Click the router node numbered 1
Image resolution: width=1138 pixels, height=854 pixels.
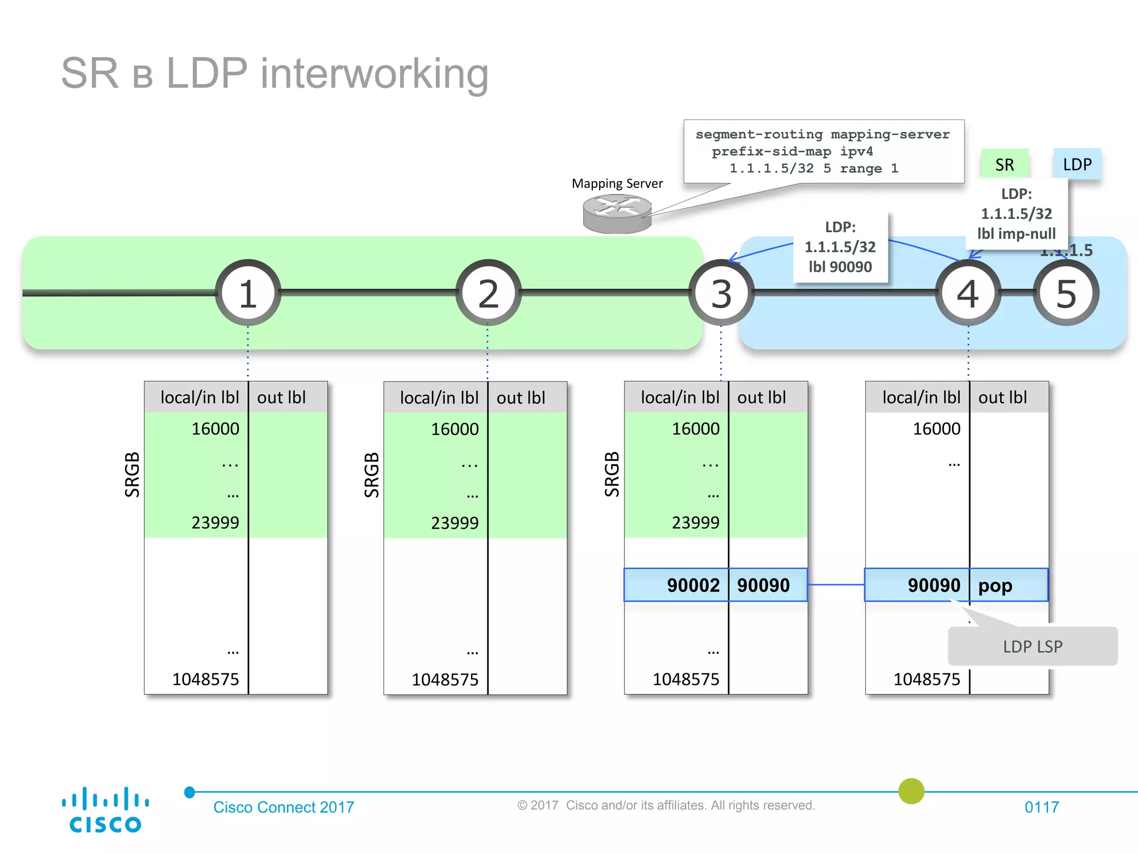point(248,292)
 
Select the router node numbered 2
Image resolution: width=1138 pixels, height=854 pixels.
point(488,292)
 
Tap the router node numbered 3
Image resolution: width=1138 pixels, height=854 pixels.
point(721,292)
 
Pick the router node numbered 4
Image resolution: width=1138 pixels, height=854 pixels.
point(968,292)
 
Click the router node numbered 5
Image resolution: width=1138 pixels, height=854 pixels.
point(1066,292)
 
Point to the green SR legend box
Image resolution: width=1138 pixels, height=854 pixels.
point(1005,164)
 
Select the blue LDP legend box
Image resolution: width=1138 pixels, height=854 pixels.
point(1077,164)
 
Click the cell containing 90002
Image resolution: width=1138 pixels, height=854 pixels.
point(676,585)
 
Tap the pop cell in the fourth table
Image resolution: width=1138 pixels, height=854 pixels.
point(1009,585)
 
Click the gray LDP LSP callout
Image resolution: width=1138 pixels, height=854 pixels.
point(1032,646)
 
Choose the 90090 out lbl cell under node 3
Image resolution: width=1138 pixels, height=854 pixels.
point(767,585)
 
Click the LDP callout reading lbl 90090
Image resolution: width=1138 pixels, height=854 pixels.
point(840,247)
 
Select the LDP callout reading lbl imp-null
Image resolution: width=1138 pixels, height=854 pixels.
point(1017,213)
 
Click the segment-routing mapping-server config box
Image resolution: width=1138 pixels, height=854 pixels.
point(823,151)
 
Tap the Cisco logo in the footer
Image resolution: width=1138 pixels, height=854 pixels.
point(105,810)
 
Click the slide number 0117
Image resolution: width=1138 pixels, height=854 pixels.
point(1041,807)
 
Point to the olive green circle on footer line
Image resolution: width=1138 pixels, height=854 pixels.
point(911,791)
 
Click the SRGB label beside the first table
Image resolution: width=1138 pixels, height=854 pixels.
point(132,474)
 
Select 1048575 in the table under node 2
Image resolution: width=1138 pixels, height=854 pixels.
point(445,679)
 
